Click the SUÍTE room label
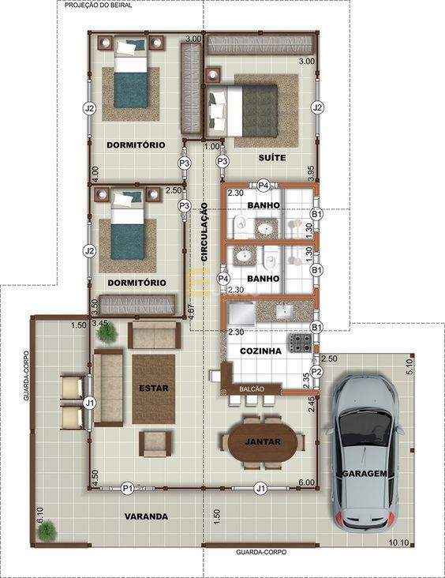pos(272,158)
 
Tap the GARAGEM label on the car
pos(365,474)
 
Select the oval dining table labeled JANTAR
pos(262,441)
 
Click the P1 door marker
pos(128,489)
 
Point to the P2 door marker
pos(316,372)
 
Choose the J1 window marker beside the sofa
pos(89,403)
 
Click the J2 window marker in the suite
pos(317,108)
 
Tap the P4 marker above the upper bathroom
pos(263,186)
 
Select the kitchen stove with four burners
pos(301,343)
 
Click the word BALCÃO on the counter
pos(252,389)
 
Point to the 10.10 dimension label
pos(399,542)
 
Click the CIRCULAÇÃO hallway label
pos(204,232)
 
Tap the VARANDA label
pos(146,517)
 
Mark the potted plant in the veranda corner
pos(46,531)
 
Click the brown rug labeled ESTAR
pos(154,389)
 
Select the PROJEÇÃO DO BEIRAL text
pos(99,6)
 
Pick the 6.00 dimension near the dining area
pos(306,482)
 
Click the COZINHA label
pos(261,351)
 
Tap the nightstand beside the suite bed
pos(213,75)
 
